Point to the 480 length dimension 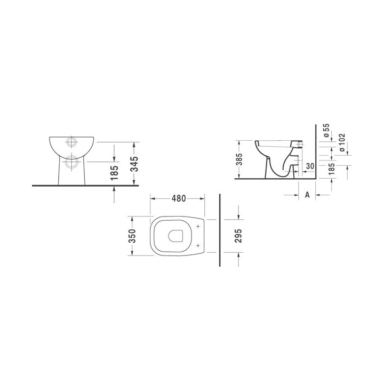[x=178, y=198]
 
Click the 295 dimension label [x=238, y=236]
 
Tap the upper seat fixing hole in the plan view [x=198, y=227]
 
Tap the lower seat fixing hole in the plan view [x=198, y=246]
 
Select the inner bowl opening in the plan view [x=175, y=236]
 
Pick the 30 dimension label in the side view [x=309, y=166]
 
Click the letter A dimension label [x=307, y=195]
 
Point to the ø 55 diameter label [x=326, y=131]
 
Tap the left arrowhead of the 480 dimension [x=154, y=198]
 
